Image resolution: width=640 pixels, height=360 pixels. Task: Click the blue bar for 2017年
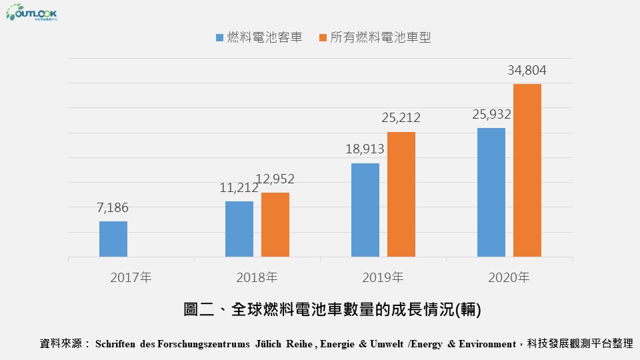(x=113, y=239)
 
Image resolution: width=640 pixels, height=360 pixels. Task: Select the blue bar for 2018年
(x=239, y=229)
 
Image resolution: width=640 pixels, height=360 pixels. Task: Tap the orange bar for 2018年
(x=275, y=225)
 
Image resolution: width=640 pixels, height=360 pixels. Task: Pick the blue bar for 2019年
(x=365, y=210)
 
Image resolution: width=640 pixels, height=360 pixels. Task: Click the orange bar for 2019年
(x=401, y=194)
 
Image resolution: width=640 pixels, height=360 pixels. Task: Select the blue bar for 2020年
(x=491, y=192)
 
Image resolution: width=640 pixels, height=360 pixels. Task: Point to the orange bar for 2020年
(x=527, y=170)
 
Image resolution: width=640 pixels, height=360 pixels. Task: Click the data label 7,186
(x=113, y=208)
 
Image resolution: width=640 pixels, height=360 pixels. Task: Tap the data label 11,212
(x=239, y=188)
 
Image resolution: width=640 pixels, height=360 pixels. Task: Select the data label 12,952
(x=275, y=179)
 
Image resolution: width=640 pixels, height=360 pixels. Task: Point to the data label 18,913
(x=365, y=149)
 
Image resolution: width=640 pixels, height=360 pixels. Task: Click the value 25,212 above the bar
(x=401, y=118)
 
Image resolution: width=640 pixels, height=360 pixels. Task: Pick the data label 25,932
(x=491, y=114)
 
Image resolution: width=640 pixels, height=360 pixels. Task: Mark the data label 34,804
(x=527, y=71)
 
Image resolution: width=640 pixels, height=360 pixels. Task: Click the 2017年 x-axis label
(x=131, y=277)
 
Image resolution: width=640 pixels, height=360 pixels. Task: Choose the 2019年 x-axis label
(x=383, y=277)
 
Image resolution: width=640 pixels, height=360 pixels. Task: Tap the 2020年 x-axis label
(x=509, y=277)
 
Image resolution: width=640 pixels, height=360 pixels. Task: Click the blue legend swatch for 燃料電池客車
(x=220, y=38)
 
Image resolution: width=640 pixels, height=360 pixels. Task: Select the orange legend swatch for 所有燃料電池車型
(x=323, y=38)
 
